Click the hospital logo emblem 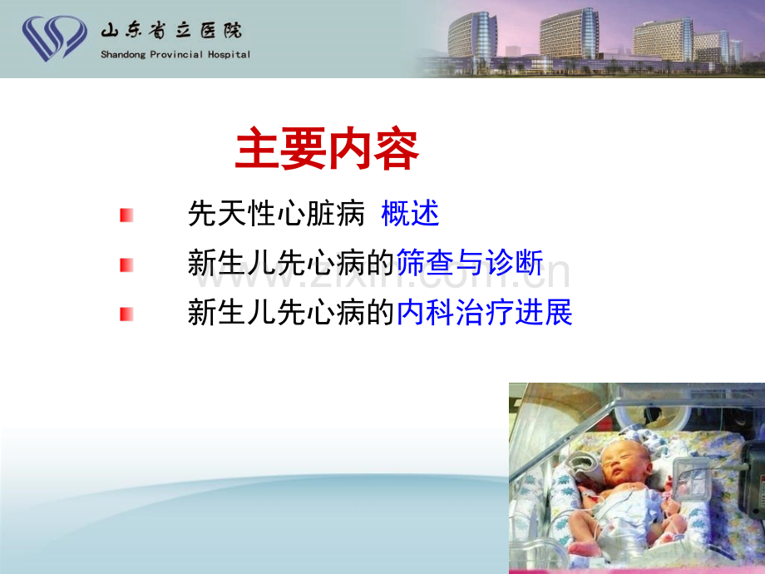(x=54, y=38)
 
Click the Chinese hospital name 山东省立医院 (x=171, y=31)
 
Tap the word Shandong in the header (x=123, y=55)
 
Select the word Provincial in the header (x=176, y=55)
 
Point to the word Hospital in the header (x=229, y=55)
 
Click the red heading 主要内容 (x=327, y=148)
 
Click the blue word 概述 (x=410, y=213)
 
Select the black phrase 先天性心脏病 (x=276, y=213)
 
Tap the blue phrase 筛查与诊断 (x=469, y=263)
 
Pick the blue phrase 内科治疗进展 (x=484, y=313)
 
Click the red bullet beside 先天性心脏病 (x=126, y=215)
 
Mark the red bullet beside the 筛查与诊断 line (x=126, y=265)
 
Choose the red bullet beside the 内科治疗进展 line (x=126, y=314)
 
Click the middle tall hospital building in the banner (x=569, y=33)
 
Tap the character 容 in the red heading (x=396, y=148)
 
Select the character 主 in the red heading (x=257, y=148)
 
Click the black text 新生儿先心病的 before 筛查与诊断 (x=291, y=263)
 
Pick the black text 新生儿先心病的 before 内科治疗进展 (x=291, y=313)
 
